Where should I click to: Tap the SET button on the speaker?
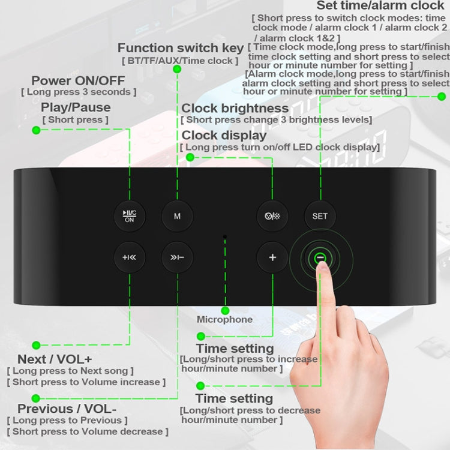[320, 215]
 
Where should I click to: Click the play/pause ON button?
[130, 215]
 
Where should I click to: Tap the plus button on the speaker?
[272, 257]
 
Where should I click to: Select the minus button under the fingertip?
[320, 257]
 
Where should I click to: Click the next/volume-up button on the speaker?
[130, 257]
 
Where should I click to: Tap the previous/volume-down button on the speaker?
[177, 257]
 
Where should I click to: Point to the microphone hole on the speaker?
[225, 238]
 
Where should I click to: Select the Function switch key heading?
[181, 48]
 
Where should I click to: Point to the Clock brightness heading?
[235, 108]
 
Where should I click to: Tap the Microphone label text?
[225, 319]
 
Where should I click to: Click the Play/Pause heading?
[76, 107]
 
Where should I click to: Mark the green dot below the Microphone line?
[225, 310]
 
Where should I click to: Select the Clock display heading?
[224, 135]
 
